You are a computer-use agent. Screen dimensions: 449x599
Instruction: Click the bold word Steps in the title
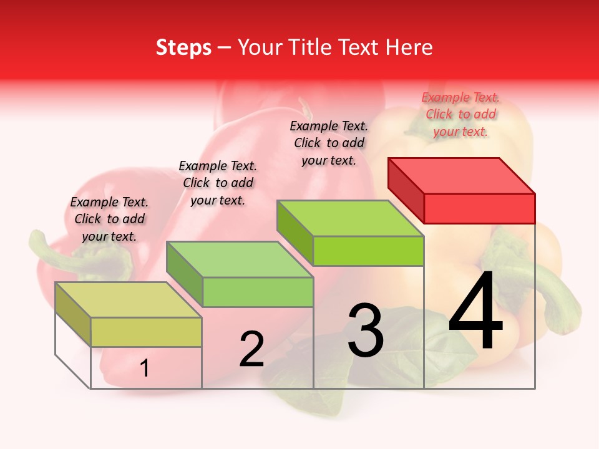(183, 47)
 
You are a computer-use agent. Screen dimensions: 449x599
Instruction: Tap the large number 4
(475, 312)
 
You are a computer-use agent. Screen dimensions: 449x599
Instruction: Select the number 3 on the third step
(366, 331)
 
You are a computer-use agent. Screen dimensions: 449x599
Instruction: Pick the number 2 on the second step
(252, 349)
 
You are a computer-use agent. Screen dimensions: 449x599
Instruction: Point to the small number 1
(145, 369)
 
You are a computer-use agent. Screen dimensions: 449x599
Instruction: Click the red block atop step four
(479, 208)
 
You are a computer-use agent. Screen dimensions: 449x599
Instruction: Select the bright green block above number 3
(368, 250)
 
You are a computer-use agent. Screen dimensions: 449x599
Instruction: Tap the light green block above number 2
(258, 291)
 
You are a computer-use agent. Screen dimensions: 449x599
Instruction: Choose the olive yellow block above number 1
(146, 332)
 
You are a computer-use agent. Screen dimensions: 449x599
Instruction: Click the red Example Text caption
(460, 114)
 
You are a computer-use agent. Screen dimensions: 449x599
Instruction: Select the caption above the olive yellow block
(109, 219)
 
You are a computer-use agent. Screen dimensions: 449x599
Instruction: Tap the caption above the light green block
(218, 183)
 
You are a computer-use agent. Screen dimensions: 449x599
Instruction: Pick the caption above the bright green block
(329, 143)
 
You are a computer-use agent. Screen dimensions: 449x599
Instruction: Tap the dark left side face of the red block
(406, 190)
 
